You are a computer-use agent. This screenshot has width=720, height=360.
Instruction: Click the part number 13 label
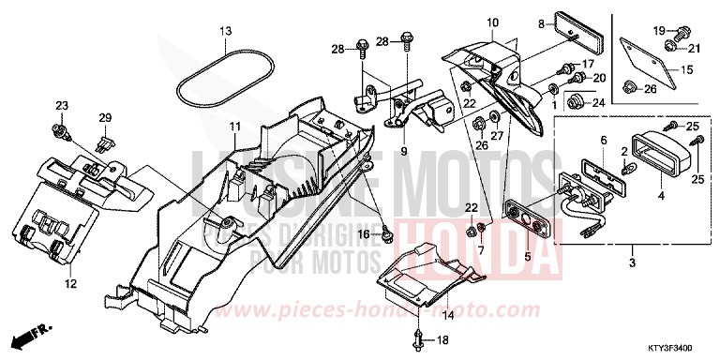point(225,32)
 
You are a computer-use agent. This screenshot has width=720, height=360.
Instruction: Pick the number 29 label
point(104,117)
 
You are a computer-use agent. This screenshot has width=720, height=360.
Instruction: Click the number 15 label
point(685,68)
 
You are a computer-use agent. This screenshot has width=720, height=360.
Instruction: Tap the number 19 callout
point(659,30)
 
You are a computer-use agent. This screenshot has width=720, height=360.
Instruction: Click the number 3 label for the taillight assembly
point(632,263)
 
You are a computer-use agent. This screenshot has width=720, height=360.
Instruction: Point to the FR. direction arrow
point(32,334)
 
